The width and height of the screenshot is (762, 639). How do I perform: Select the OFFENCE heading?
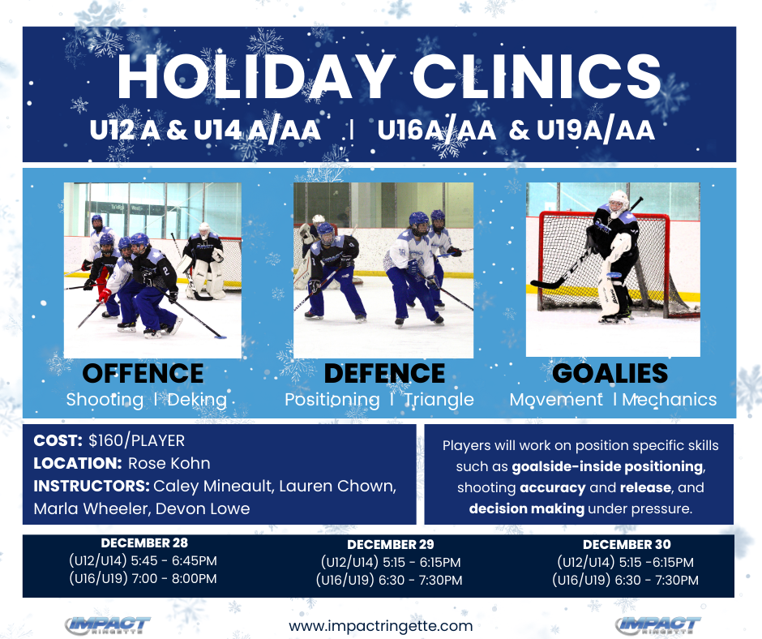143,373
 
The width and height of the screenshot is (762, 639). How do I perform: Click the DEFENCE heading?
384,373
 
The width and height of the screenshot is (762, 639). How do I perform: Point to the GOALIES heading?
610,373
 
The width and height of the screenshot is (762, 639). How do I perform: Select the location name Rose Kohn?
169,464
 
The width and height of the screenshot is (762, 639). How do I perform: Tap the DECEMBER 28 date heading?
143,543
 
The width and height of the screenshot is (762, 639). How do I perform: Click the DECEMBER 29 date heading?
390,544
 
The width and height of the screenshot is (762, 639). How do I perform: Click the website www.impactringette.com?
380,626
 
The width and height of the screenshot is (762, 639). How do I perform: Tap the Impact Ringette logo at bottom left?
108,625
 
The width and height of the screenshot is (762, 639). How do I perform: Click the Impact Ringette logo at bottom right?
658,625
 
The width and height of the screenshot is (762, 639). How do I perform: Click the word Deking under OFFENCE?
199,400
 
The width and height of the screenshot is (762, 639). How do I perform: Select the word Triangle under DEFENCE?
439,400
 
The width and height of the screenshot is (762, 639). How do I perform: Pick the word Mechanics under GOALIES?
669,400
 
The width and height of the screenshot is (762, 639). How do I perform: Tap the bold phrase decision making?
526,509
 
